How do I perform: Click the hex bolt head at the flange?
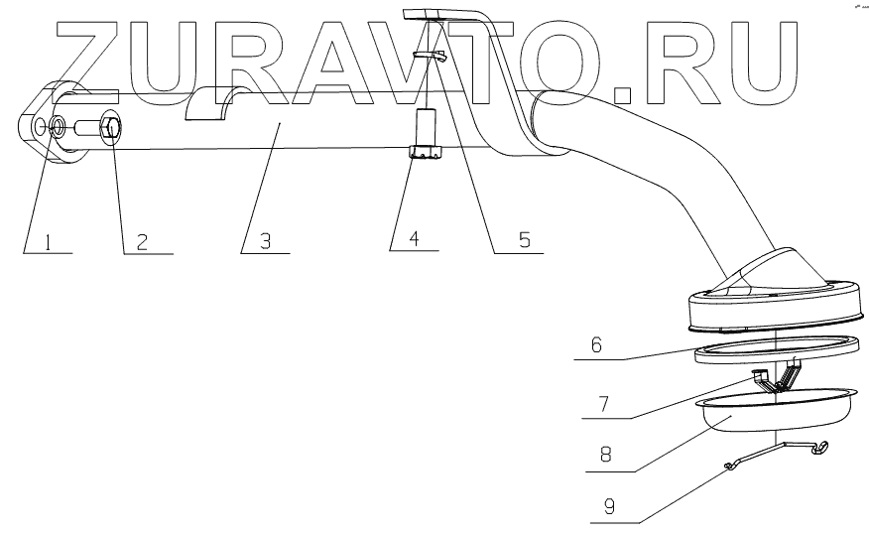[x=111, y=129]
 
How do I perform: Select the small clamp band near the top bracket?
[x=431, y=56]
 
